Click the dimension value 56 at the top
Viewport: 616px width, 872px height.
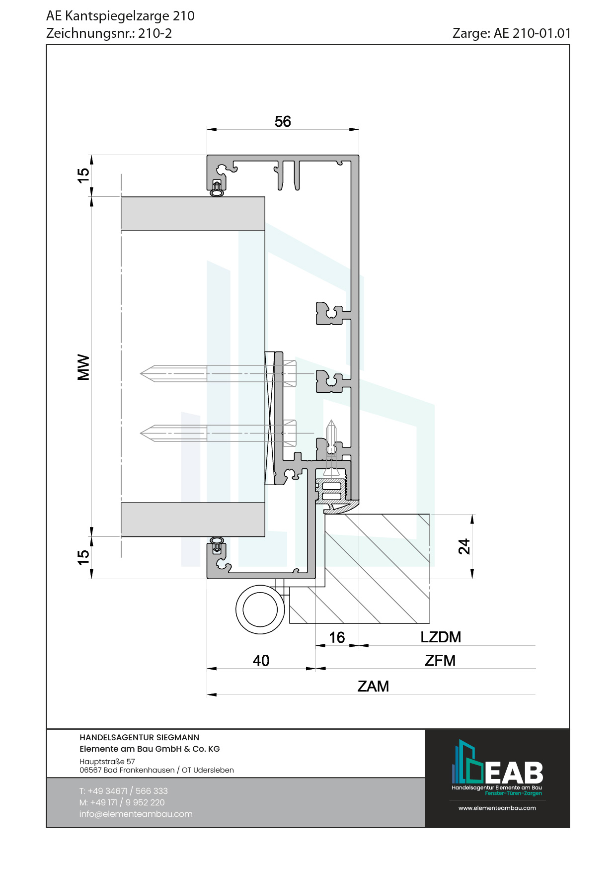[x=283, y=121]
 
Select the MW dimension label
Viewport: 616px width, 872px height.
[x=83, y=367]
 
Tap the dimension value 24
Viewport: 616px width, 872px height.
[x=464, y=546]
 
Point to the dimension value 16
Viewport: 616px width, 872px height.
[x=337, y=637]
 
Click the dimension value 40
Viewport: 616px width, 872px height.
[x=261, y=660]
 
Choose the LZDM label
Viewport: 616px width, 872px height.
[x=441, y=637]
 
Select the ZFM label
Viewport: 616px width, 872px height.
[x=440, y=660]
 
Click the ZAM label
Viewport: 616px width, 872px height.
[x=373, y=686]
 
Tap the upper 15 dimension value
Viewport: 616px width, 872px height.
[x=83, y=175]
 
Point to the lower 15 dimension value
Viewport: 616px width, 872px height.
[x=83, y=557]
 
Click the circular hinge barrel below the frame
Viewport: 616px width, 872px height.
[x=260, y=610]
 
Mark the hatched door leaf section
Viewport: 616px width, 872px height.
[x=378, y=567]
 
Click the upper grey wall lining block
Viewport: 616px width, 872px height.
[x=193, y=214]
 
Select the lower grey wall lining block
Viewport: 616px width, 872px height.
[x=193, y=520]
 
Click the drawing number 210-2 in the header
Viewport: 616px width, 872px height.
[x=155, y=33]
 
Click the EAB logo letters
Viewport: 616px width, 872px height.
[x=514, y=773]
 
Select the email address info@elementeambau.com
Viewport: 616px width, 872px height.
[x=136, y=814]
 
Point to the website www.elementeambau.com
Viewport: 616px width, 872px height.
[x=497, y=808]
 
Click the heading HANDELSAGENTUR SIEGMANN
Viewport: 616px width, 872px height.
[x=139, y=737]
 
